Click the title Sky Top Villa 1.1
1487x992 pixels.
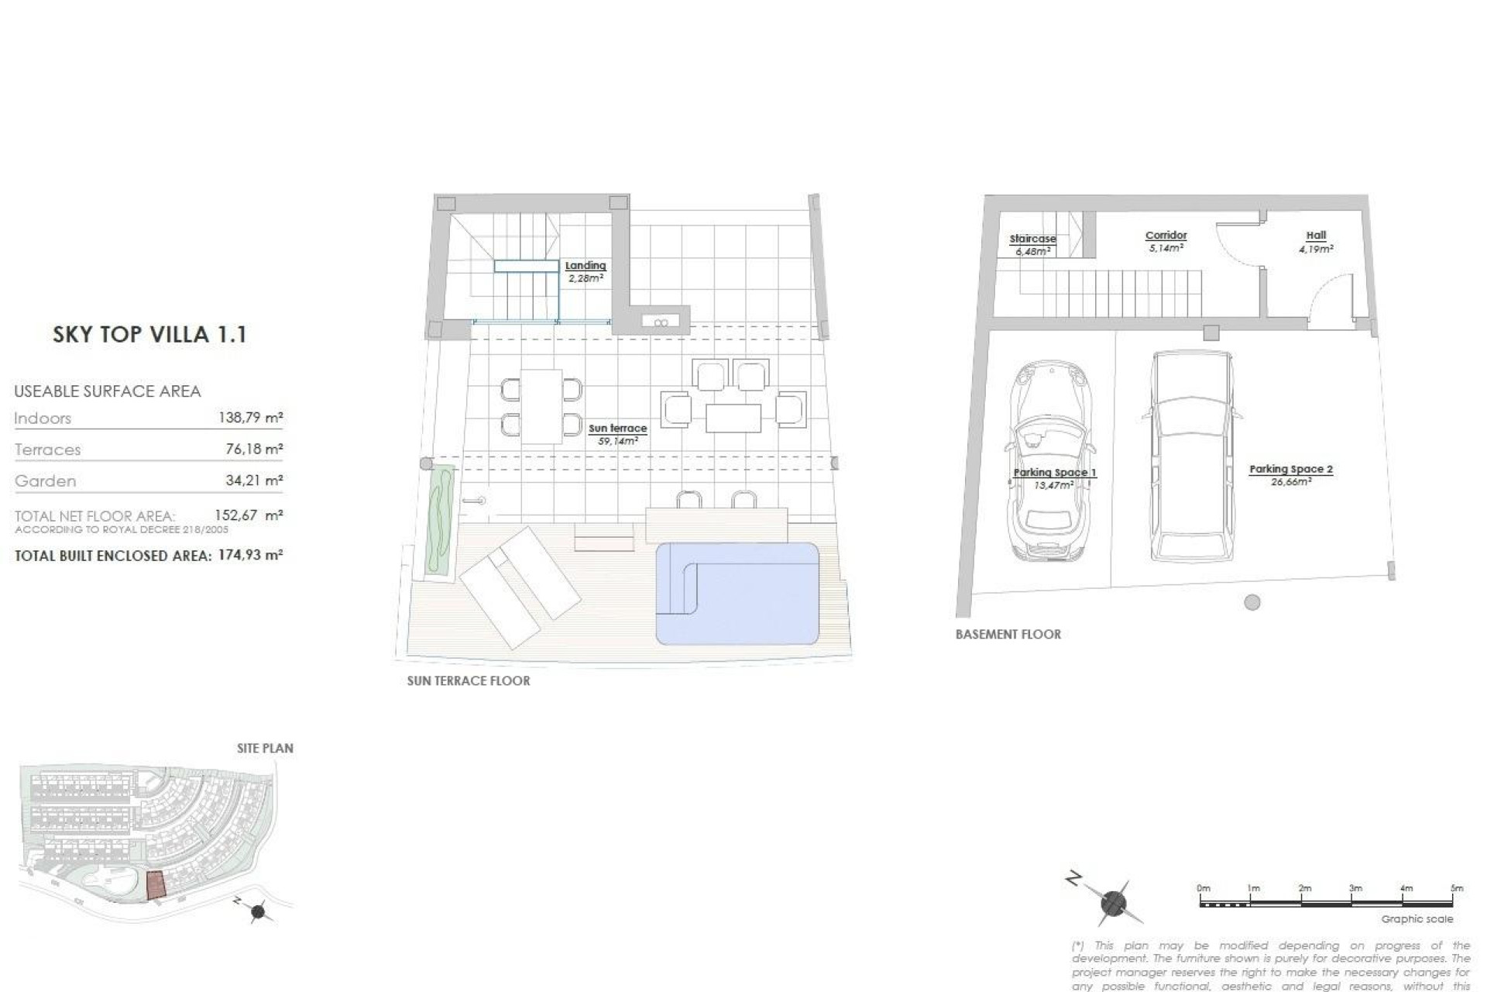(149, 335)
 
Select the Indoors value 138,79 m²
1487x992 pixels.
(250, 418)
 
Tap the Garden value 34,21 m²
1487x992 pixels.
(253, 480)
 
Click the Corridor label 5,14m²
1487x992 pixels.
(1166, 241)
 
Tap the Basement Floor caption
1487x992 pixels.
(1008, 634)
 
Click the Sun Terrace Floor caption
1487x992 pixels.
(469, 680)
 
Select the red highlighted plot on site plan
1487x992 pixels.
(156, 885)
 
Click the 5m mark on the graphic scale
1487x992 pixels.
(1457, 889)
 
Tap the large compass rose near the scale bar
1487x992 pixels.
(1113, 903)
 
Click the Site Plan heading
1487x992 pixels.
(265, 748)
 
